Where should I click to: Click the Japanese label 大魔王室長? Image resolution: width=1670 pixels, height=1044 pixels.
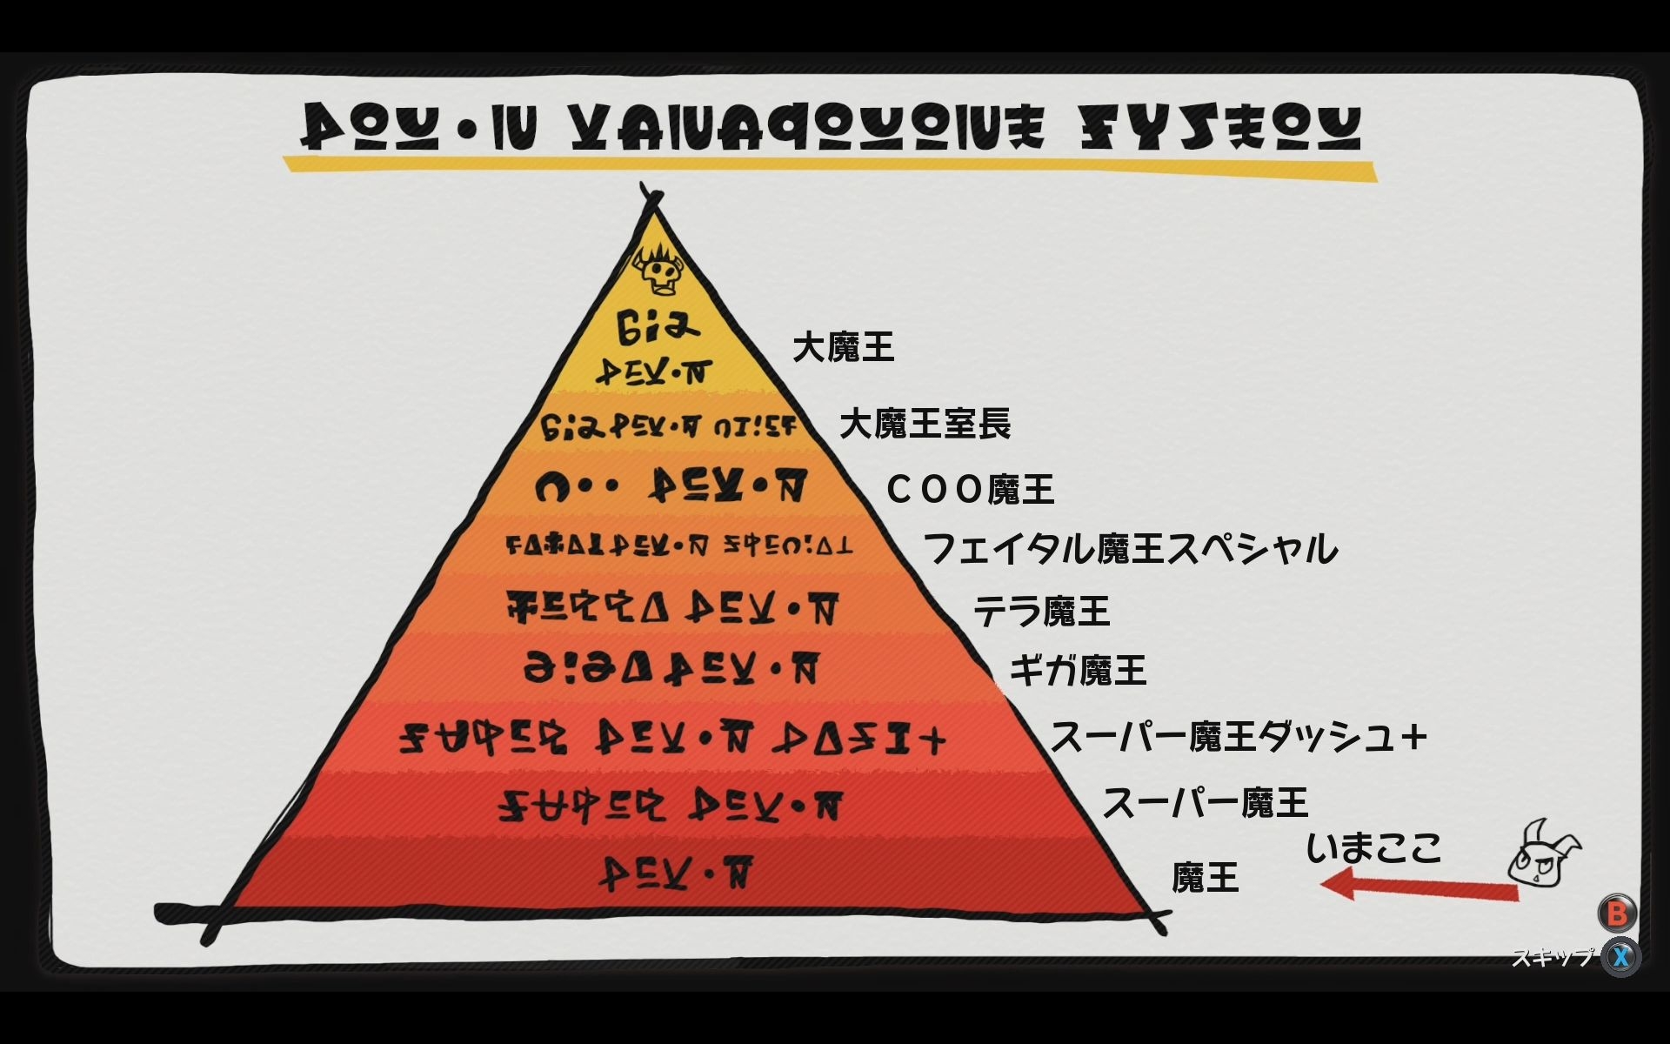tap(925, 425)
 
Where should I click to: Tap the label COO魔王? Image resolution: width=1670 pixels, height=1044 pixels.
tap(970, 490)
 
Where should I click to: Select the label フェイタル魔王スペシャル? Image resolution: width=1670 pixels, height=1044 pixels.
tap(1130, 549)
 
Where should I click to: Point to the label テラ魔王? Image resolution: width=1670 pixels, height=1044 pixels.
tap(1041, 611)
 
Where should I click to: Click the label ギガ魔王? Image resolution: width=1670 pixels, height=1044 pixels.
tap(1078, 671)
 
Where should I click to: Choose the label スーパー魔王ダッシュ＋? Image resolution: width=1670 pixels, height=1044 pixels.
tap(1239, 737)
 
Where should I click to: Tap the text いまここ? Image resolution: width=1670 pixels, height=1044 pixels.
tap(1373, 847)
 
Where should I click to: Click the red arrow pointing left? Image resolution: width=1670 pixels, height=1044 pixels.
tap(1418, 888)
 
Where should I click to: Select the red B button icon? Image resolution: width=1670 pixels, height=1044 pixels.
tap(1617, 913)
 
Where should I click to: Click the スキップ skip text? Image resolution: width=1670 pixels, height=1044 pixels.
tap(1552, 957)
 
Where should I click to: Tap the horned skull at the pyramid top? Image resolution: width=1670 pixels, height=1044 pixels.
tap(658, 271)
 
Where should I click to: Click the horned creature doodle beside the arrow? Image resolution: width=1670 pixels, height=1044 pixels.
tap(1543, 853)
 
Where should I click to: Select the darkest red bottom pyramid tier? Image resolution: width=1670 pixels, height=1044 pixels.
tap(678, 874)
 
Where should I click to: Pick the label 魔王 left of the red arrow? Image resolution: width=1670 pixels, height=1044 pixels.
tap(1205, 878)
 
